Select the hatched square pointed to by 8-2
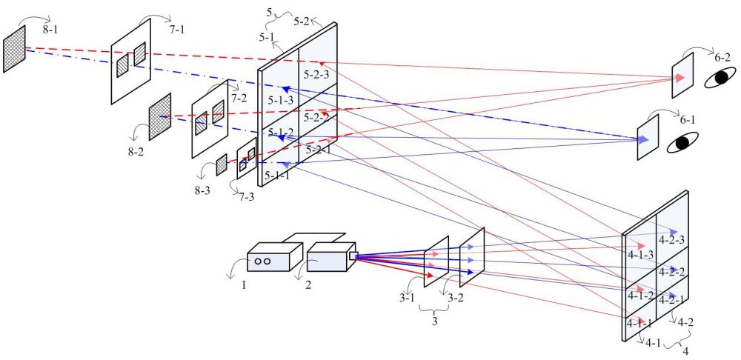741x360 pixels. pos(160,116)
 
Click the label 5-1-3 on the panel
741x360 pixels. pos(281,100)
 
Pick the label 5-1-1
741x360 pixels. pos(277,176)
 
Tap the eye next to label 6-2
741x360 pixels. pos(720,78)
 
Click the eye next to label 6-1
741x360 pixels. pos(682,142)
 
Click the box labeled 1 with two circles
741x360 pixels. pos(275,257)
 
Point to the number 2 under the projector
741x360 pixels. pos(308,286)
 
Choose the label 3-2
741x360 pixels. pos(455,299)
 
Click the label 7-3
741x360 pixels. pos(246,197)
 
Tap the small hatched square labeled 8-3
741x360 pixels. pos(222,165)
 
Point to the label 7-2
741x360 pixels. pos(239,99)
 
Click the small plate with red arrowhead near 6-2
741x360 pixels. pos(682,76)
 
